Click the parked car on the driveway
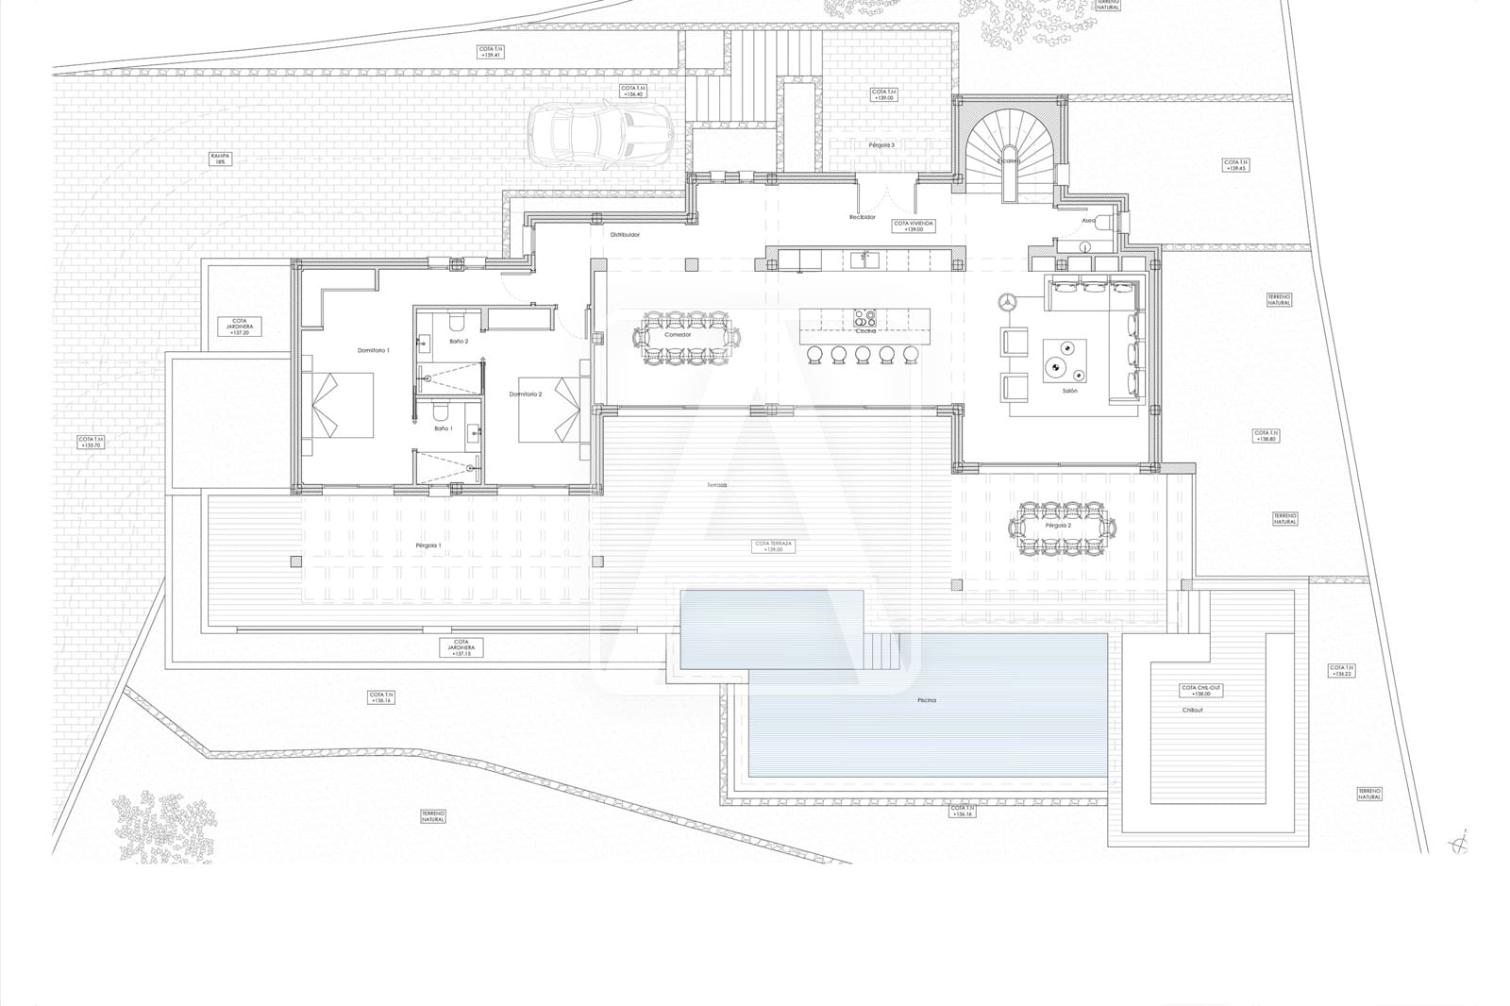tap(599, 134)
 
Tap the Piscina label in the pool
tap(925, 700)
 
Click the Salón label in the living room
tap(1069, 390)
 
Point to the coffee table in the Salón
tap(1064, 360)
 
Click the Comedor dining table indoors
tap(690, 337)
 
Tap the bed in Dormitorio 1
tap(338, 404)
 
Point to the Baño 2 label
tap(459, 341)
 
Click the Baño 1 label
tap(444, 428)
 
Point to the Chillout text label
tap(1193, 710)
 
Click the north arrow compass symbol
tap(1462, 842)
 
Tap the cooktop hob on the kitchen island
tap(864, 317)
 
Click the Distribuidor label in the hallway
tap(625, 234)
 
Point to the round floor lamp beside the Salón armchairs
tap(1006, 302)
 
